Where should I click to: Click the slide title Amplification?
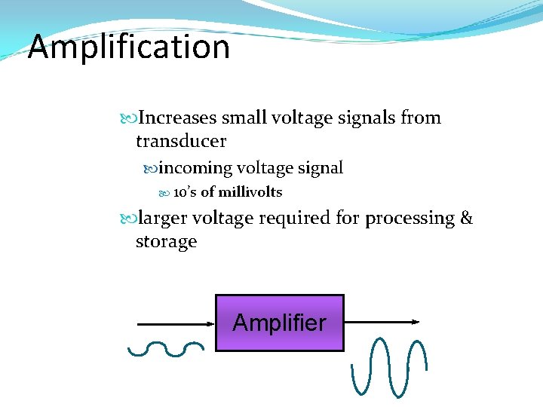[x=128, y=47]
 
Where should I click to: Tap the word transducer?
[x=181, y=141]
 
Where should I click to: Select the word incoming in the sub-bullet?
[x=195, y=168]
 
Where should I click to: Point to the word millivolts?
[x=250, y=192]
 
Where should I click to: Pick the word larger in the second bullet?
[x=161, y=219]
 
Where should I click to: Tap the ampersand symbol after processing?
[x=466, y=219]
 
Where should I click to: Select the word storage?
[x=166, y=242]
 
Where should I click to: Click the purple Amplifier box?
[x=280, y=323]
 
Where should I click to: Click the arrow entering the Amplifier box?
[x=176, y=323]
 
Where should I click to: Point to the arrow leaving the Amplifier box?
[x=382, y=322]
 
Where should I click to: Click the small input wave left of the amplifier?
[x=166, y=347]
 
